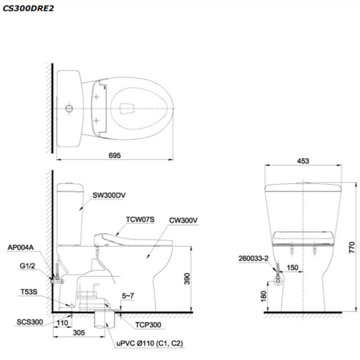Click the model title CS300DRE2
[x=28, y=9]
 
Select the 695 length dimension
[x=115, y=155]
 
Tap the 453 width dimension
[x=303, y=161]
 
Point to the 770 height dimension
[x=352, y=247]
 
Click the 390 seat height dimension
[x=187, y=279]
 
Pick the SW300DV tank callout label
[x=109, y=195]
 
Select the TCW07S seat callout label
[x=140, y=219]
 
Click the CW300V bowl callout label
[x=183, y=221]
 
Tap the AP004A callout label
[x=21, y=247]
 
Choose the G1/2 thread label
[x=27, y=266]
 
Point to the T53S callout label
[x=29, y=292]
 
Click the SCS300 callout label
[x=30, y=322]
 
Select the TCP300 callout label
[x=148, y=325]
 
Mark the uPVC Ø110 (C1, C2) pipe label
[x=150, y=344]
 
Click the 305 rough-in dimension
[x=79, y=333]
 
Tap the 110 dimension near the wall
[x=62, y=323]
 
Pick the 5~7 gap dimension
[x=128, y=296]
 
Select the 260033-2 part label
[x=253, y=258]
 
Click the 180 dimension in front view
[x=263, y=296]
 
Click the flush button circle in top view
[x=69, y=109]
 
